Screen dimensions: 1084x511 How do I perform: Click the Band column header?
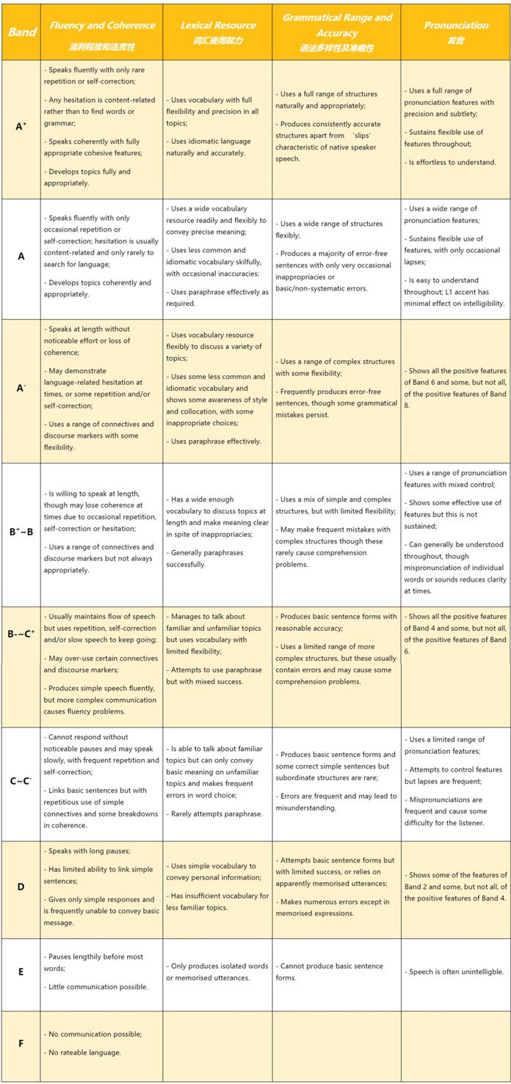click(21, 32)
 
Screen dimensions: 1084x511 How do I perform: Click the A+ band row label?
click(21, 127)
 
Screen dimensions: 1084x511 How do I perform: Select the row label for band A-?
click(21, 388)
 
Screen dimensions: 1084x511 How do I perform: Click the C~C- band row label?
click(21, 781)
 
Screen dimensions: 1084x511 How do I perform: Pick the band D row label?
click(21, 887)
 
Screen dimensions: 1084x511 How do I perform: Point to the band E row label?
click(21, 971)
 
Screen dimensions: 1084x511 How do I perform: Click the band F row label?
click(21, 1042)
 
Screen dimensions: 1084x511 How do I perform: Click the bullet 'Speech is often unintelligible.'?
click(455, 972)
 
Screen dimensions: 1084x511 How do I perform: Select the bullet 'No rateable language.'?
click(81, 1052)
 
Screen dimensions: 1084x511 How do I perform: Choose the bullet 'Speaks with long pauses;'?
click(87, 851)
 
